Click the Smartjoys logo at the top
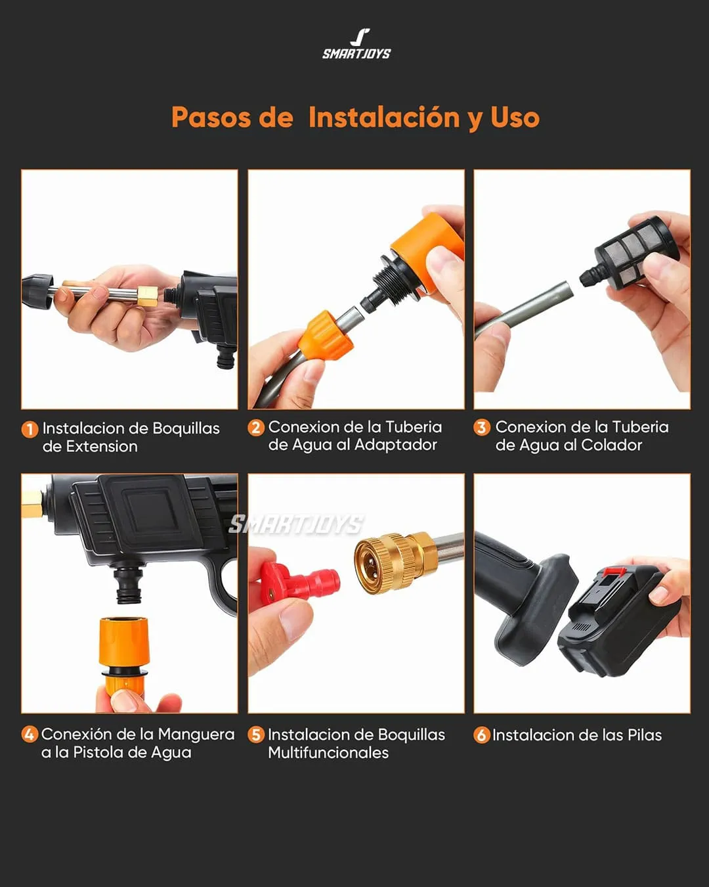(x=356, y=45)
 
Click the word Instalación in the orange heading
(x=384, y=118)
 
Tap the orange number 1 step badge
(x=30, y=429)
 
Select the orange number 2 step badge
(x=256, y=428)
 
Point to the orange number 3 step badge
(x=482, y=428)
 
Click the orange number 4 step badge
(x=30, y=735)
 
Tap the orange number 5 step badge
(x=256, y=735)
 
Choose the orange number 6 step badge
(x=482, y=735)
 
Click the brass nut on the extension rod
(x=147, y=296)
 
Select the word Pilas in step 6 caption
(x=644, y=735)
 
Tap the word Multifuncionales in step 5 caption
(x=328, y=753)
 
